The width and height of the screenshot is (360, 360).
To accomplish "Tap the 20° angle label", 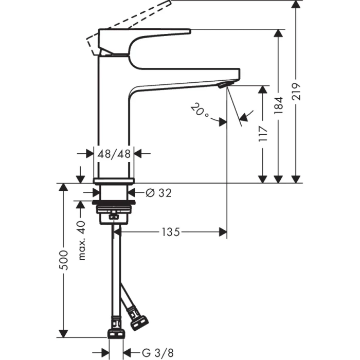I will tap(200, 111).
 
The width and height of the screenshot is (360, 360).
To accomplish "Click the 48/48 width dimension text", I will tap(114, 153).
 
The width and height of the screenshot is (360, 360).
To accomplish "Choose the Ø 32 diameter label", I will tap(157, 193).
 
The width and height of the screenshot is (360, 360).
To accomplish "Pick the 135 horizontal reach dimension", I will tap(172, 232).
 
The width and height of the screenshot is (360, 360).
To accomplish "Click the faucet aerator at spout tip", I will tap(224, 84).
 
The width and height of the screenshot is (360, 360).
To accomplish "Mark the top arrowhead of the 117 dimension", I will tap(263, 89).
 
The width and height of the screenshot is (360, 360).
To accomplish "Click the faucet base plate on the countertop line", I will tap(114, 180).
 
